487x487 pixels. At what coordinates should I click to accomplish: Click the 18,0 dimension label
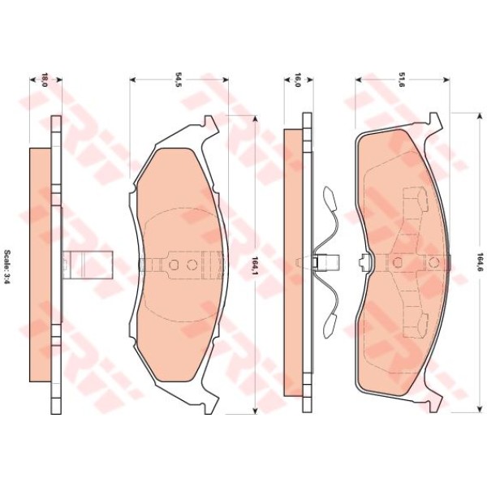click(45, 80)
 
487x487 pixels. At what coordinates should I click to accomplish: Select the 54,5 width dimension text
click(178, 80)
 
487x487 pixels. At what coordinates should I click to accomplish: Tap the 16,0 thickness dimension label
click(297, 80)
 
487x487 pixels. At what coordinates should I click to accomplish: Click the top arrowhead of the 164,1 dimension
click(256, 119)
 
